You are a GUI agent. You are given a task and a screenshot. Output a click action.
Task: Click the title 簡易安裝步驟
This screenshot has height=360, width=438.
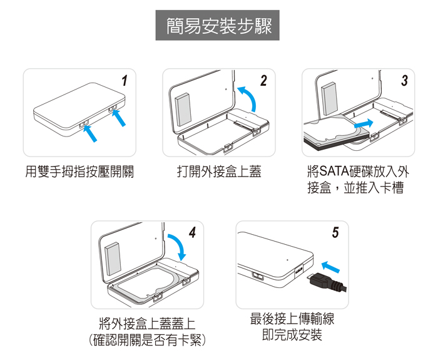pos(219,26)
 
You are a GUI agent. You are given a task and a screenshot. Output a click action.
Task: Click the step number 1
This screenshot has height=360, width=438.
pos(125,81)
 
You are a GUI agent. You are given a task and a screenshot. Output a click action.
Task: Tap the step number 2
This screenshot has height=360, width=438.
pos(263,81)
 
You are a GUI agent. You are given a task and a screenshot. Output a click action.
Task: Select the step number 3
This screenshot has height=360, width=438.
pos(404,81)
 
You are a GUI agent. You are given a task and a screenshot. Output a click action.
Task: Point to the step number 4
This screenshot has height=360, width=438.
pos(192,232)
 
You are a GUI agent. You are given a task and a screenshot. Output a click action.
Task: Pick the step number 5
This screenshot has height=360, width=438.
pos(335,232)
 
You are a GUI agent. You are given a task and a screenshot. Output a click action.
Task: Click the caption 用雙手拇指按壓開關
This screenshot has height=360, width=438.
pos(79,172)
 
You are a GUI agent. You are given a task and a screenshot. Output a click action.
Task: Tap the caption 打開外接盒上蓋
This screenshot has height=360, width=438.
pos(219,172)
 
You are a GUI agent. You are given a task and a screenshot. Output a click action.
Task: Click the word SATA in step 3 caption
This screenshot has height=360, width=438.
pos(334,172)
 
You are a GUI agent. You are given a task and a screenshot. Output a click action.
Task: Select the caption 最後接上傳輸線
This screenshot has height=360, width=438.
pos(292,319)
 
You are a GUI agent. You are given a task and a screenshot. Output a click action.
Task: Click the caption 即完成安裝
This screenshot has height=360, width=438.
pos(292,335)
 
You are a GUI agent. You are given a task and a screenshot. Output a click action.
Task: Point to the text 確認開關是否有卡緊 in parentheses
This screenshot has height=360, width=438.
pos(147,340)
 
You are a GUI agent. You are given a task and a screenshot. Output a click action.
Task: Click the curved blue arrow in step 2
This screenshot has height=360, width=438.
pos(247,99)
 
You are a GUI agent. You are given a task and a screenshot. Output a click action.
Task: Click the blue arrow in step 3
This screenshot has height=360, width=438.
pos(364,124)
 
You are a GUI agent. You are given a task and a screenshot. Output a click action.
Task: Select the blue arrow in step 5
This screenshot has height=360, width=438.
pos(330,266)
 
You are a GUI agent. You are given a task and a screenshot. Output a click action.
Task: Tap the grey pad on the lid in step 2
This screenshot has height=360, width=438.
pos(183,110)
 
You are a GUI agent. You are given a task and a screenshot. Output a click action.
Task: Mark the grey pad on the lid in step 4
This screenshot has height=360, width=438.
pos(113,259)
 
